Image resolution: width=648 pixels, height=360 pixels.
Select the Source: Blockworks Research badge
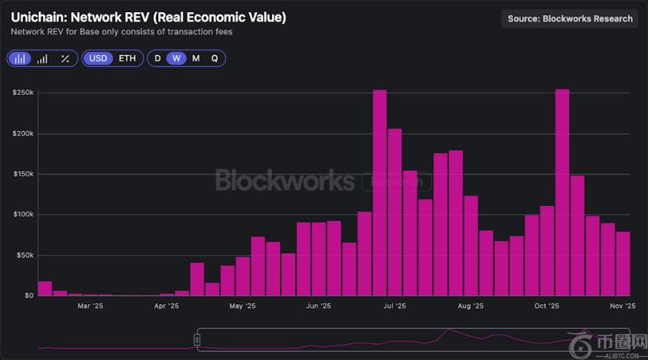[x=570, y=19]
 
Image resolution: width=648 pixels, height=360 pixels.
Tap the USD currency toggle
[x=98, y=58]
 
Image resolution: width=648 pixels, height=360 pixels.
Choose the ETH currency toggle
[x=127, y=58]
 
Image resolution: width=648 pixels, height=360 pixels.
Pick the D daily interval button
[x=157, y=58]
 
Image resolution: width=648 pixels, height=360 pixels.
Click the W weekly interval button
[x=176, y=58]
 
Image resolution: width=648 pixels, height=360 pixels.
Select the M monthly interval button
[x=196, y=58]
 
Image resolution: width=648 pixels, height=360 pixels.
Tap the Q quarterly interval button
[x=215, y=58]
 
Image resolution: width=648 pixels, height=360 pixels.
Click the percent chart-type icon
[x=65, y=58]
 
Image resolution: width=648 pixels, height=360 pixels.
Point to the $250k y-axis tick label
[x=23, y=93]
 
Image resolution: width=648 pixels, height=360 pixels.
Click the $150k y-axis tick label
[x=23, y=174]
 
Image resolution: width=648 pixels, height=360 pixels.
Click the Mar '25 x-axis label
[x=90, y=307]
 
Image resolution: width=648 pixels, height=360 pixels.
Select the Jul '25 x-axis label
[x=394, y=307]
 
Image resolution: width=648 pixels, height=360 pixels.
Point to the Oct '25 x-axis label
[x=546, y=307]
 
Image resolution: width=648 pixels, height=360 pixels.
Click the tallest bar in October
[x=561, y=192]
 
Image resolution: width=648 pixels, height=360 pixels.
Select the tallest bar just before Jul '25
[x=380, y=193]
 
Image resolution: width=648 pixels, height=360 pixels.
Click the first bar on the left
[x=44, y=288]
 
